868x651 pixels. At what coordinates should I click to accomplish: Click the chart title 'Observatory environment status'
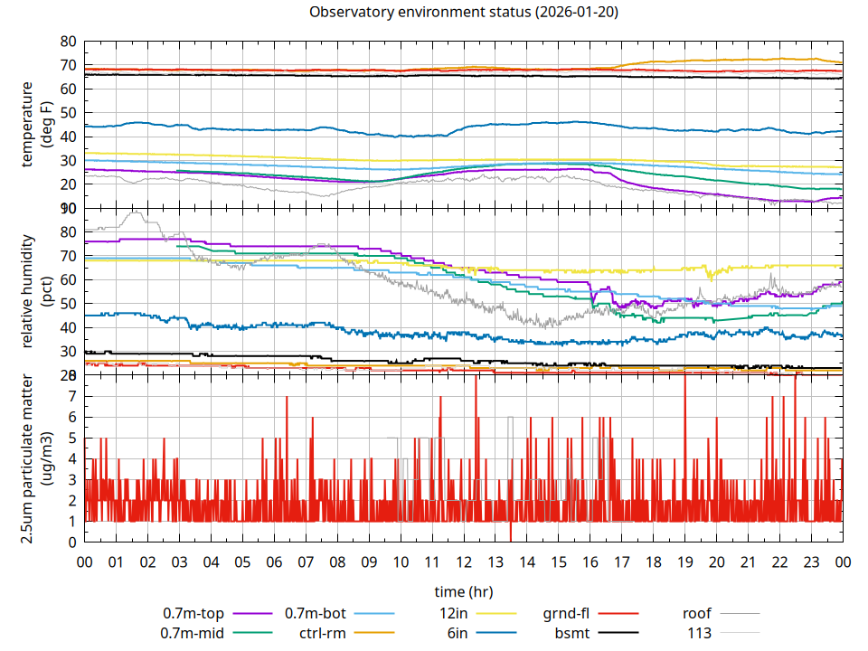pos(463,13)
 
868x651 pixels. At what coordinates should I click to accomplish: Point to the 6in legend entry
pos(458,633)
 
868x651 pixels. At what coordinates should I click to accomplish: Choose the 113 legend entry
pos(699,633)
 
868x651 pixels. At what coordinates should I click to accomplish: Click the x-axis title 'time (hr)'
pos(463,592)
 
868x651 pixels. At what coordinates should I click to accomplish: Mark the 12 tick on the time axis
pos(463,561)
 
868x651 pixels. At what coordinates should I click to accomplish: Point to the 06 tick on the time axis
pos(274,561)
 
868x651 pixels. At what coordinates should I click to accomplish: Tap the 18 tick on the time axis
pos(653,561)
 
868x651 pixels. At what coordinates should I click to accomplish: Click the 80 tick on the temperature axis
pos(68,42)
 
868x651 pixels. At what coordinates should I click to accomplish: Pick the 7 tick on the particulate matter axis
pos(72,396)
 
